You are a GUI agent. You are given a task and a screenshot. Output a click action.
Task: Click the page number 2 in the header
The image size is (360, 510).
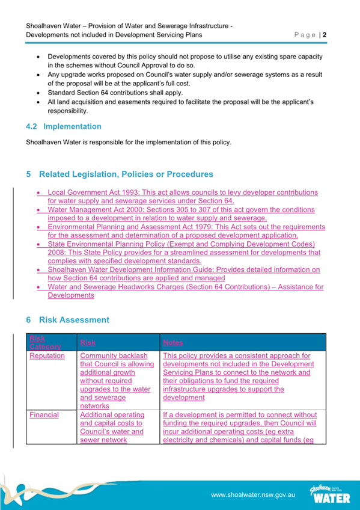click(325, 35)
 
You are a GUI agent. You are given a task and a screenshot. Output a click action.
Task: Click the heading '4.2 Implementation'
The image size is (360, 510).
click(64, 127)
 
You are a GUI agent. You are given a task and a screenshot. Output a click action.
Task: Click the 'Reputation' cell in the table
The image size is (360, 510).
click(47, 356)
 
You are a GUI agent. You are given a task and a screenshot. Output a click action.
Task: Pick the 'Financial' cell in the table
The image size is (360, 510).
click(44, 415)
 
